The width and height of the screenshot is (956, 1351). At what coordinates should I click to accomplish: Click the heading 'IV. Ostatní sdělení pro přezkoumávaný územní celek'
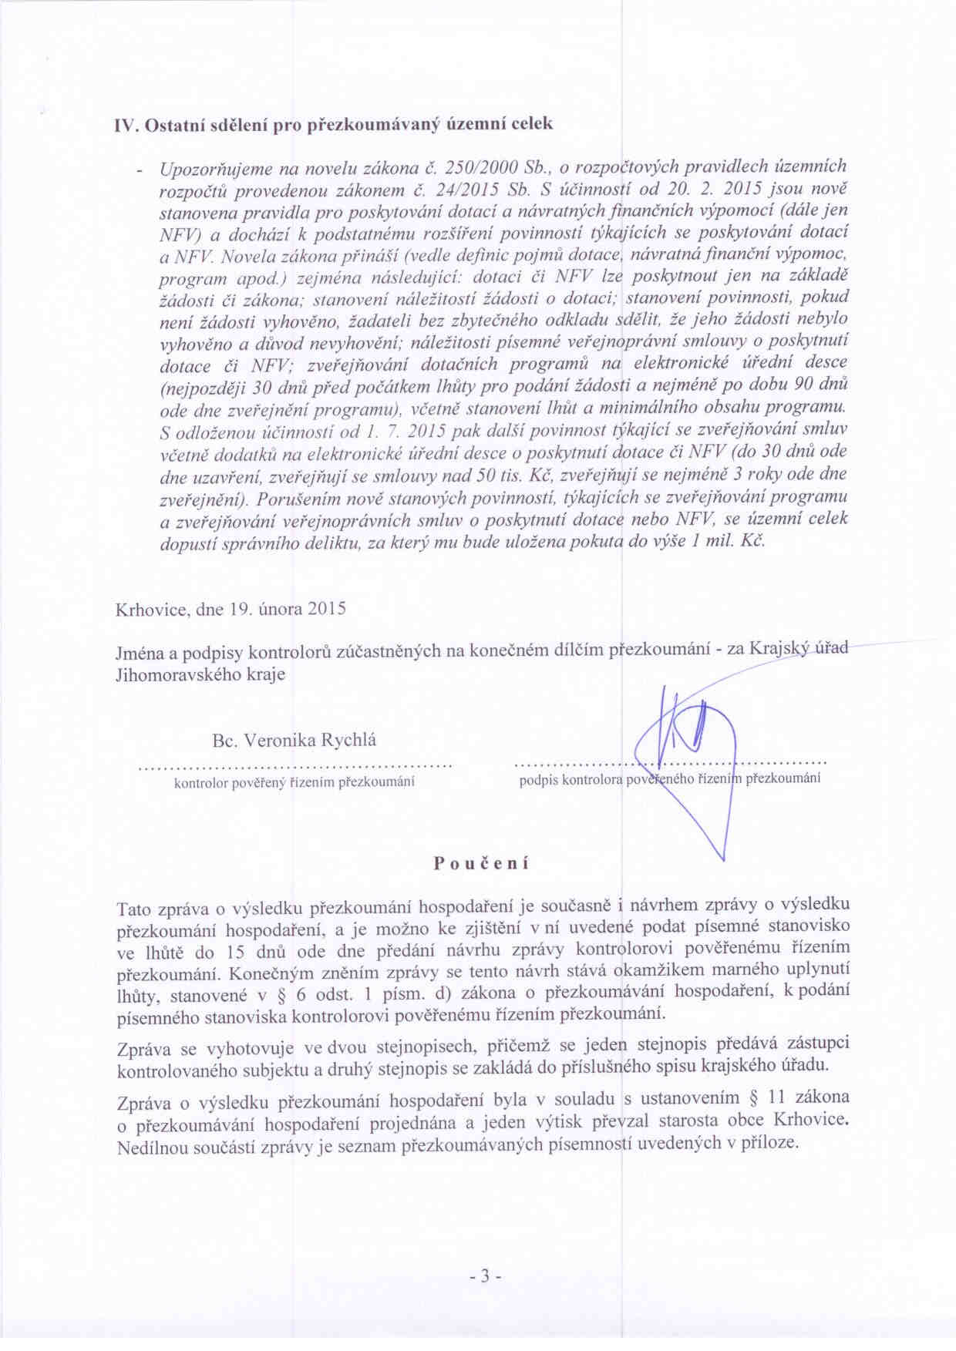333,124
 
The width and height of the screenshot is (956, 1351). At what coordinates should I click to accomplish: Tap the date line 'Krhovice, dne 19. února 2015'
231,609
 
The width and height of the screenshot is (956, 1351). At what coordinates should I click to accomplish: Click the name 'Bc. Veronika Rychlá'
295,741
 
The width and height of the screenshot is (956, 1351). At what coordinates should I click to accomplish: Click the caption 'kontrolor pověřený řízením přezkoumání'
295,782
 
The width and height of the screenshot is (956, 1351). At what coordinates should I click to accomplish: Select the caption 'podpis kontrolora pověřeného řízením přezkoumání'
669,779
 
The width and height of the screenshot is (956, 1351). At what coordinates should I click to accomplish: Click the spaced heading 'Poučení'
481,863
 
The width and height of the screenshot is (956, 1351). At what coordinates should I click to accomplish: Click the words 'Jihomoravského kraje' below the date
200,674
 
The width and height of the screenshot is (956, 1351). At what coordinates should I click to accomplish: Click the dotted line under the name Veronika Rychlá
295,767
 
